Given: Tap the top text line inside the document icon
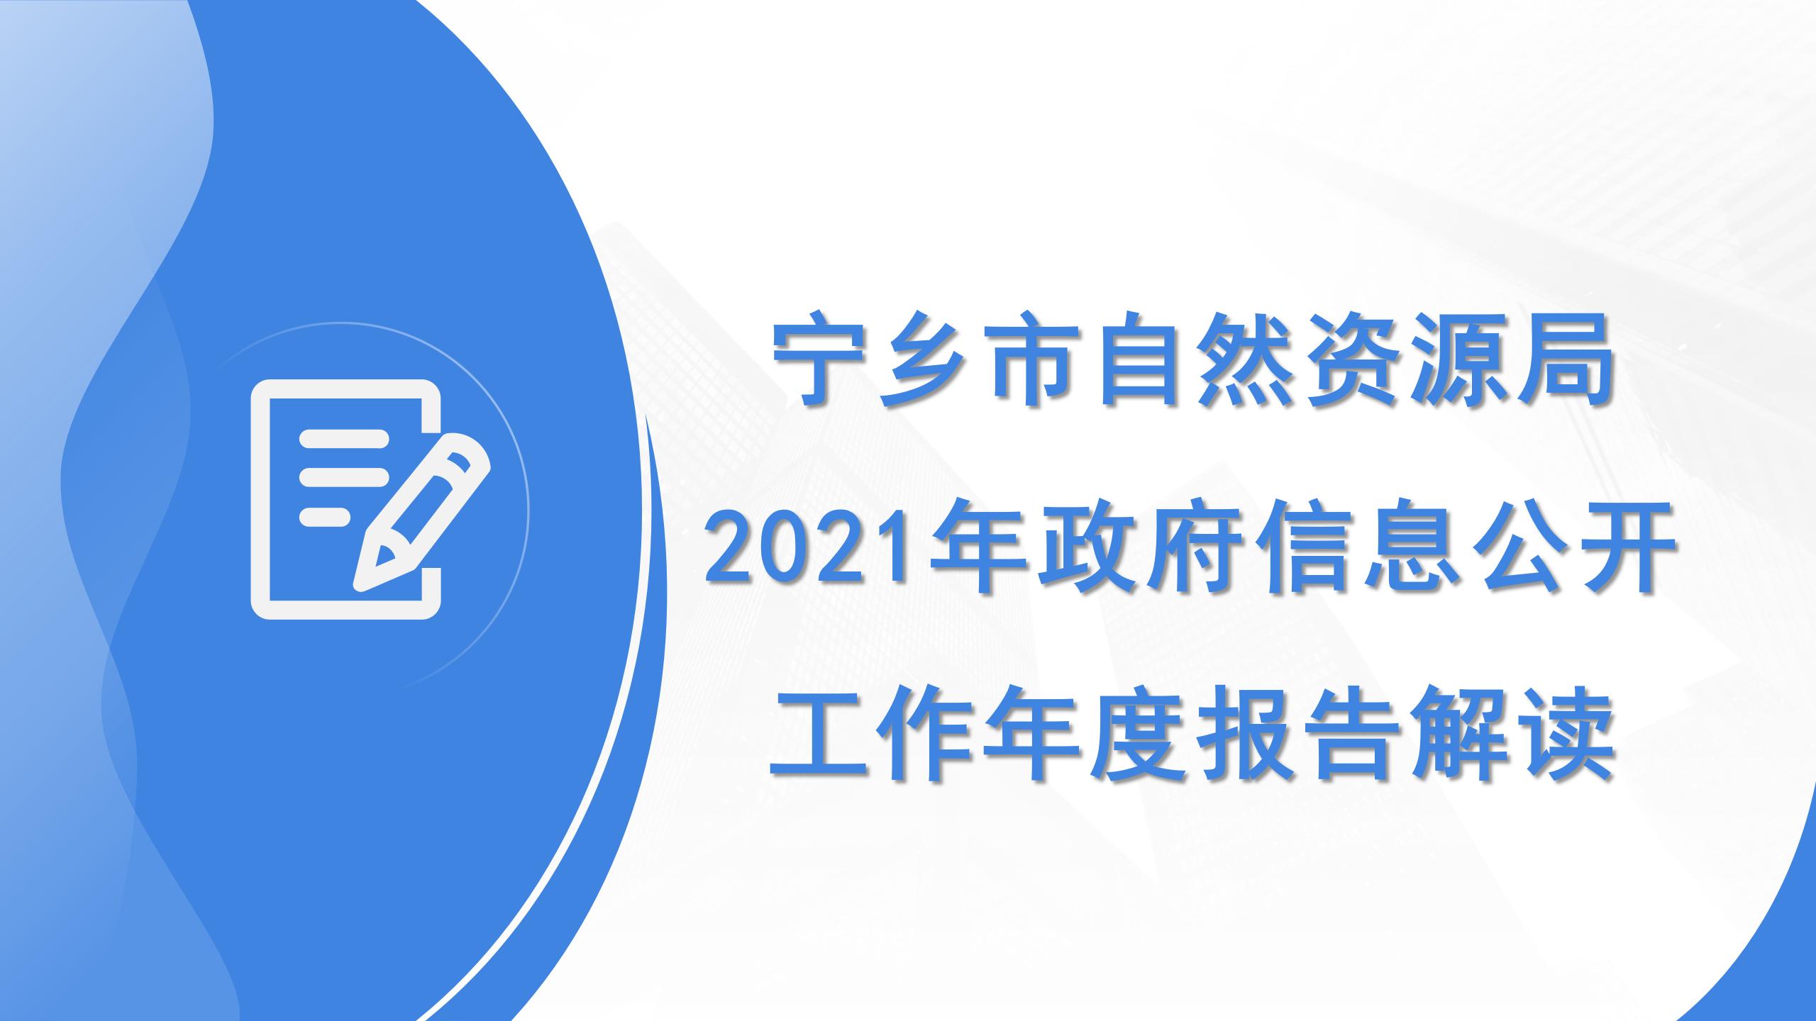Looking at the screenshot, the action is pos(344,440).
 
